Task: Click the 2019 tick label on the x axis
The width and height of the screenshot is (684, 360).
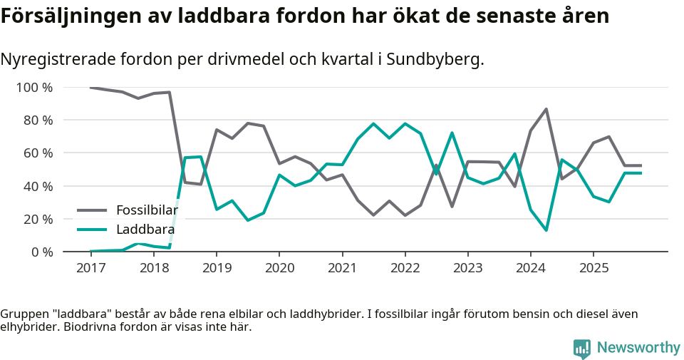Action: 216,268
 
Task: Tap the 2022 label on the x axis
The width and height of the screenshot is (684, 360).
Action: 405,268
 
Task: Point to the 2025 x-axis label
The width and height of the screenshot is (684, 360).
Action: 594,268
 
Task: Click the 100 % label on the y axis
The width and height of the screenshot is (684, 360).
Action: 34,88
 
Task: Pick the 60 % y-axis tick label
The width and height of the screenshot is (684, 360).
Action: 38,153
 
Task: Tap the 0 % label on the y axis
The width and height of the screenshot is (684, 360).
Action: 41,252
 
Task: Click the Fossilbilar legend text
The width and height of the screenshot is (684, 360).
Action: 147,210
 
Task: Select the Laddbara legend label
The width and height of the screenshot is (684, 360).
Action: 145,230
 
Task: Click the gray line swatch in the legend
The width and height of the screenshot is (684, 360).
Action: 92,210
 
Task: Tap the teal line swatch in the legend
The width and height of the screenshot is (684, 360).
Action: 92,230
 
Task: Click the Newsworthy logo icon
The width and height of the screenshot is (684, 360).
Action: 582,348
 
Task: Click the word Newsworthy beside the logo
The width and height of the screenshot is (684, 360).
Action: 638,348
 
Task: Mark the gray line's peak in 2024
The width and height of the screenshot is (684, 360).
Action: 546,109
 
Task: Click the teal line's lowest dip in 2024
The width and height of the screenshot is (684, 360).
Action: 546,230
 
